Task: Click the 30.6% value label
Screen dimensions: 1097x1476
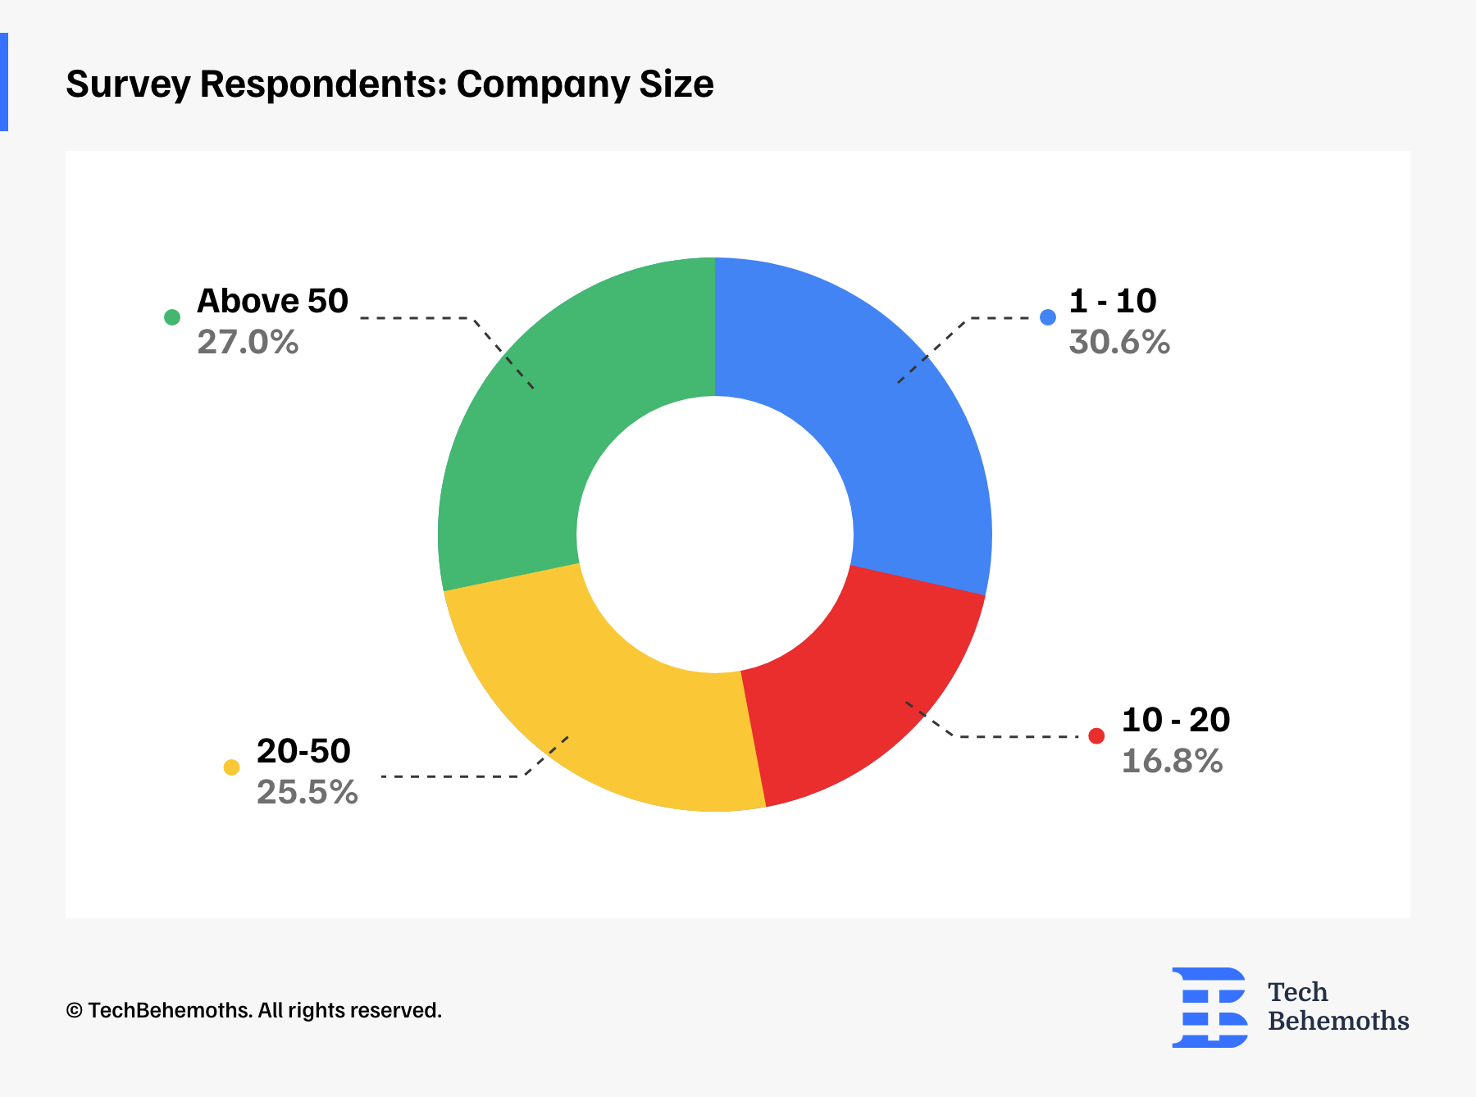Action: point(1119,342)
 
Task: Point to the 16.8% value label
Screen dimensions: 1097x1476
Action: point(1172,762)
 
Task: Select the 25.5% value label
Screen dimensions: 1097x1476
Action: point(307,792)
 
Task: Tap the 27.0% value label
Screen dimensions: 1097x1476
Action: point(248,342)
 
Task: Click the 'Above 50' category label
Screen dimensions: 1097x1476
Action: point(272,301)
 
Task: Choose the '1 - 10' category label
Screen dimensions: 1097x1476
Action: point(1113,301)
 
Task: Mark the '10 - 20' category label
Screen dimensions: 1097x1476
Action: point(1175,720)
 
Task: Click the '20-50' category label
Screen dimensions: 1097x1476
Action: point(303,751)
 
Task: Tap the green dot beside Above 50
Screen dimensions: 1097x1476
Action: point(172,317)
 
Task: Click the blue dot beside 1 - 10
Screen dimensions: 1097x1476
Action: point(1048,317)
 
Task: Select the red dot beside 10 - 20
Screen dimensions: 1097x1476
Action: point(1096,736)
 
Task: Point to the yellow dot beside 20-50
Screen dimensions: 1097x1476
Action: point(232,767)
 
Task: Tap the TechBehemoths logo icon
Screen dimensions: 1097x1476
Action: point(1209,1007)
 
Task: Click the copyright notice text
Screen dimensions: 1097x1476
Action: point(253,1010)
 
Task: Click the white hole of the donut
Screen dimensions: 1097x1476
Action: point(715,535)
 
